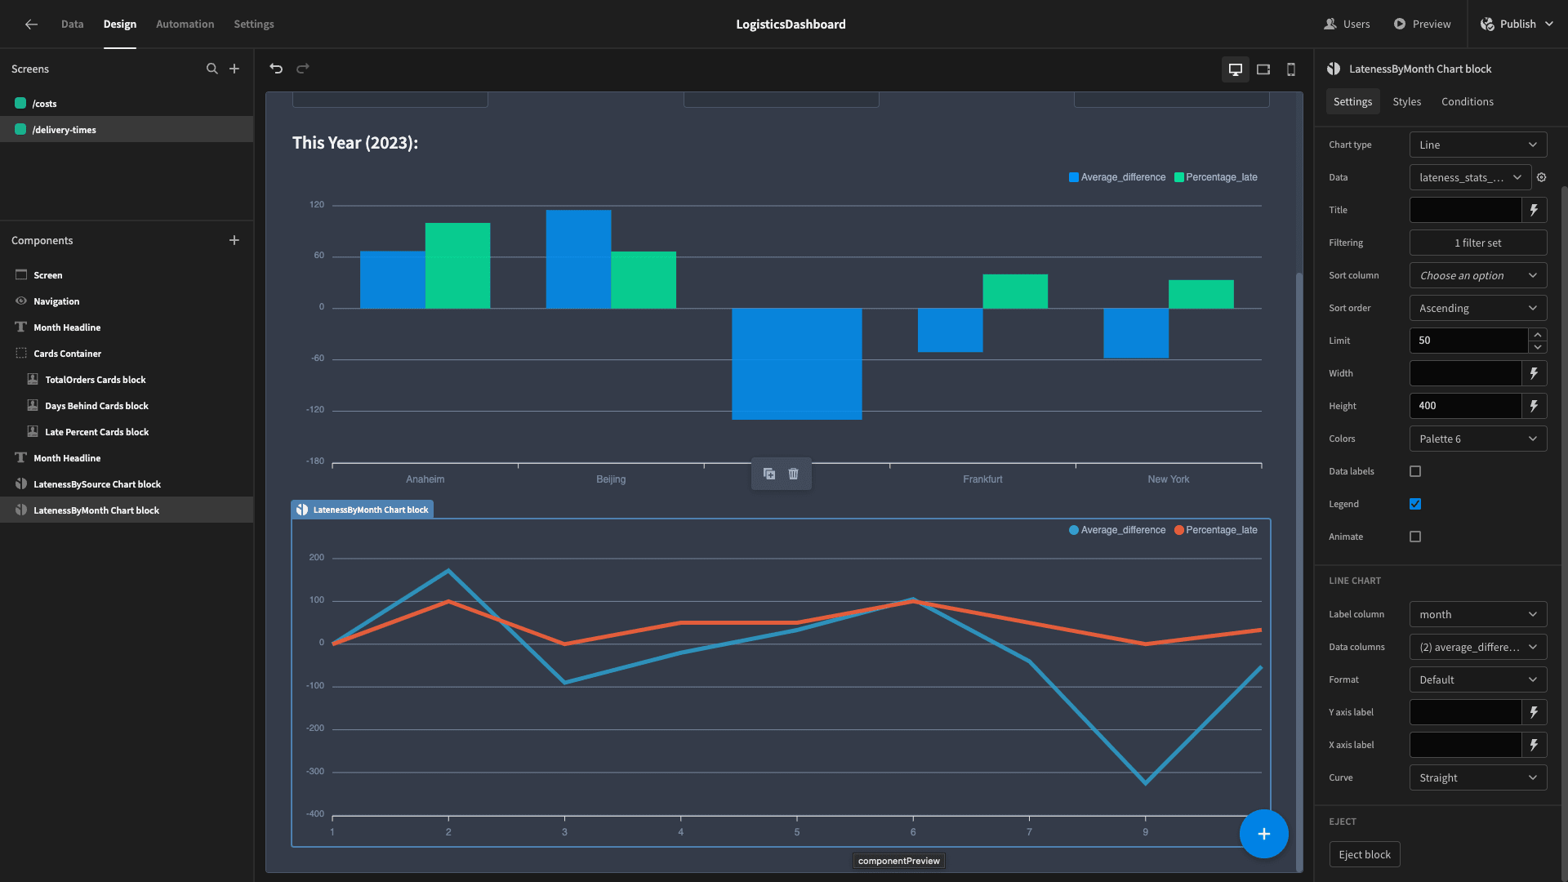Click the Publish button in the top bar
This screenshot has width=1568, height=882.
point(1517,24)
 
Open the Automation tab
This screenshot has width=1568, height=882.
point(185,24)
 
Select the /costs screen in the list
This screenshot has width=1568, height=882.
point(44,104)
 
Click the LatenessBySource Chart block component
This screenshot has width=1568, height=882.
point(96,484)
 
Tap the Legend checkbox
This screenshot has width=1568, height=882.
point(1415,504)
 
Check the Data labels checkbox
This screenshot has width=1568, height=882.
point(1415,471)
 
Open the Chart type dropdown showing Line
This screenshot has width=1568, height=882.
point(1478,145)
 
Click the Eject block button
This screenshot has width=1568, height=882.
point(1365,854)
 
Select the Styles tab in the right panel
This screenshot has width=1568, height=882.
point(1406,101)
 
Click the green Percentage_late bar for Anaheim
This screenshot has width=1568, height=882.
point(457,265)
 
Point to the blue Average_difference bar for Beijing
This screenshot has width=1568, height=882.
point(578,259)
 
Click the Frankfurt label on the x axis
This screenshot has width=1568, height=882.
point(982,479)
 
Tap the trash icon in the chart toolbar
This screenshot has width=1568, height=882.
point(793,474)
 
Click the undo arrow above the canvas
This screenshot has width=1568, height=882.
point(276,69)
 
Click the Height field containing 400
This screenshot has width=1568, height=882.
point(1466,406)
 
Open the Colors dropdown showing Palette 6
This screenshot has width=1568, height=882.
point(1478,439)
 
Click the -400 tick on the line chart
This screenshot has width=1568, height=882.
point(315,813)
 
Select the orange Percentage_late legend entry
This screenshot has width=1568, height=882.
point(1216,530)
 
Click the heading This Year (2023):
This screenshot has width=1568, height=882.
point(355,143)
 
